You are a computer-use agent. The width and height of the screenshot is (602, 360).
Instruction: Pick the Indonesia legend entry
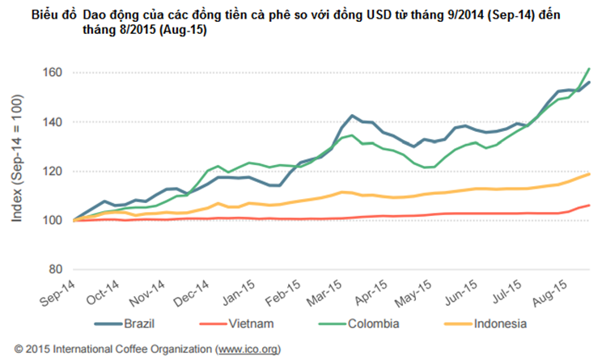pyautogui.click(x=497, y=324)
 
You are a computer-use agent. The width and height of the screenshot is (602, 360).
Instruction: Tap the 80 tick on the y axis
pyautogui.click(x=54, y=269)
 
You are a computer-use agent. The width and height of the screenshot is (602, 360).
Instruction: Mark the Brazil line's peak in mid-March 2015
pyautogui.click(x=352, y=116)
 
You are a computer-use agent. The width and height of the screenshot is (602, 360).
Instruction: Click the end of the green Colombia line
pyautogui.click(x=589, y=69)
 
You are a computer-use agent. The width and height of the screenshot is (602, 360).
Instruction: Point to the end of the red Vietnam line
pyautogui.click(x=589, y=205)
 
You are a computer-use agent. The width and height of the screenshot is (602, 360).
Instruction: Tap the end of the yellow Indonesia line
pyautogui.click(x=589, y=174)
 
